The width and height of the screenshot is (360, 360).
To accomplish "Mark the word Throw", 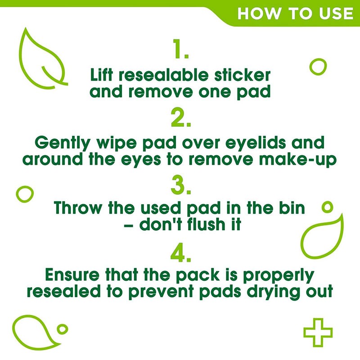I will pyautogui.click(x=78, y=209).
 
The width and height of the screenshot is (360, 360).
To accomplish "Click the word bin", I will pyautogui.click(x=291, y=209).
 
